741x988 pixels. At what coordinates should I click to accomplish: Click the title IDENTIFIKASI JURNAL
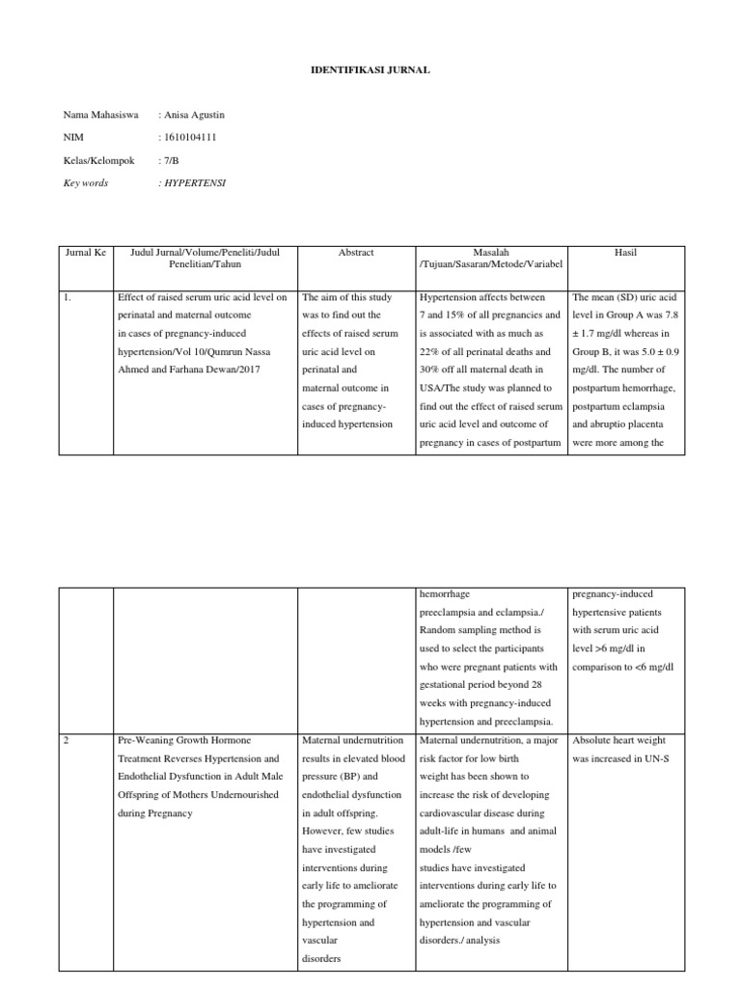pyautogui.click(x=370, y=71)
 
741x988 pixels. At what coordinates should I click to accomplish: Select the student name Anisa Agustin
pyautogui.click(x=193, y=116)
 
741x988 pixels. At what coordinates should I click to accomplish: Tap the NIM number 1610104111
pyautogui.click(x=189, y=137)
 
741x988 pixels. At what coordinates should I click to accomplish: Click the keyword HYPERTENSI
pyautogui.click(x=193, y=182)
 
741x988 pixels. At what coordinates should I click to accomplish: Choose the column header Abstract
pyautogui.click(x=355, y=253)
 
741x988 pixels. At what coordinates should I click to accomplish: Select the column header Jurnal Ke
pyautogui.click(x=85, y=253)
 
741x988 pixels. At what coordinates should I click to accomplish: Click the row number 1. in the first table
pyautogui.click(x=69, y=298)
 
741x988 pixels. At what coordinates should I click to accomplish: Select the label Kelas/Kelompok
pyautogui.click(x=99, y=159)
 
